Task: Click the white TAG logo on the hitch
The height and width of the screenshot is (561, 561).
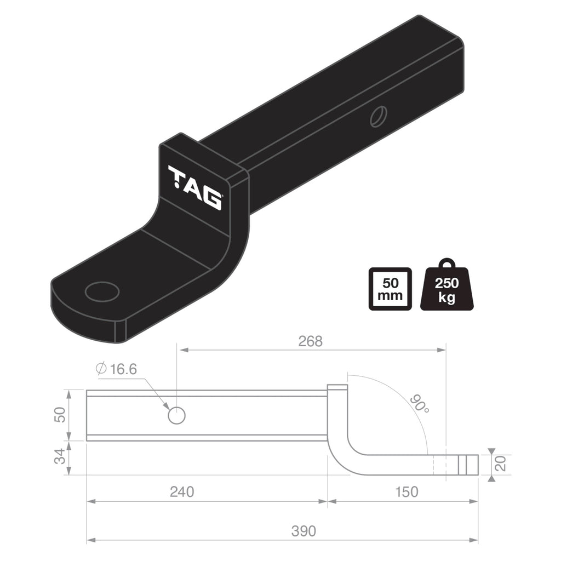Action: [195, 187]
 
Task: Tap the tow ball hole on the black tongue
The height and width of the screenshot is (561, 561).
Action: [102, 291]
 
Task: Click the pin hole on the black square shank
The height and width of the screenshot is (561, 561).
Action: [378, 117]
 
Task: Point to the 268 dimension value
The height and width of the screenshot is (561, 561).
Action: [310, 341]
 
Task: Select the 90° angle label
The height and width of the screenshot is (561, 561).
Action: [418, 404]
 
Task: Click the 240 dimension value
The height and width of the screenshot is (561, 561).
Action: [181, 491]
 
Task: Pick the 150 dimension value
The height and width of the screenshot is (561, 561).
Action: [406, 491]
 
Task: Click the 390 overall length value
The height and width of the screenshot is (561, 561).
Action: [304, 531]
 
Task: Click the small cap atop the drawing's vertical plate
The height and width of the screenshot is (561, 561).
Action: [337, 387]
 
